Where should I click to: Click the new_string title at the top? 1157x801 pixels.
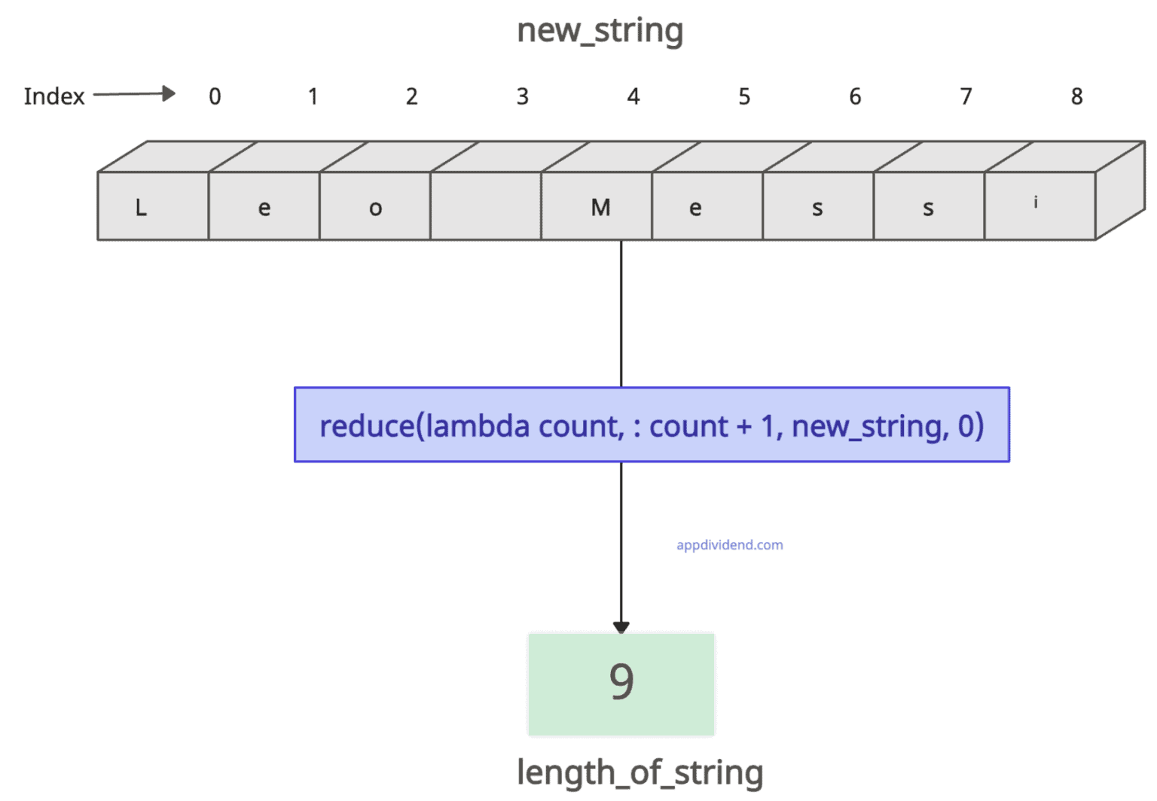pyautogui.click(x=600, y=31)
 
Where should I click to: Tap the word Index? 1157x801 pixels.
pyautogui.click(x=54, y=96)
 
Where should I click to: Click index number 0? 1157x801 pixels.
pyautogui.click(x=215, y=96)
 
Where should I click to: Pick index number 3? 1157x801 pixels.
pyautogui.click(x=522, y=96)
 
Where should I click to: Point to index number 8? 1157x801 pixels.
pyautogui.click(x=1076, y=96)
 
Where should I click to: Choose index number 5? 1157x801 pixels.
pyautogui.click(x=744, y=96)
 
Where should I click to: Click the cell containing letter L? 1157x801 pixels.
pyautogui.click(x=153, y=206)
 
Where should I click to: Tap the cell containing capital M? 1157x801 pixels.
pyautogui.click(x=597, y=206)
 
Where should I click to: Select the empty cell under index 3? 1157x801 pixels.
pyautogui.click(x=486, y=206)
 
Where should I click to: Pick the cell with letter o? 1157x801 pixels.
pyautogui.click(x=375, y=206)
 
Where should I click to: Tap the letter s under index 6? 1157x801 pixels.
pyautogui.click(x=818, y=208)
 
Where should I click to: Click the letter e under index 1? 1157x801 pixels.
pyautogui.click(x=264, y=208)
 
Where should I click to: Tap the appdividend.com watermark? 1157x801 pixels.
pyautogui.click(x=729, y=545)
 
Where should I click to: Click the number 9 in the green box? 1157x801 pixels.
pyautogui.click(x=621, y=682)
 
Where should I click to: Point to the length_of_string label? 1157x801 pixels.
pyautogui.click(x=640, y=773)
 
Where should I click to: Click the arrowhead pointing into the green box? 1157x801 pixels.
pyautogui.click(x=621, y=627)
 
